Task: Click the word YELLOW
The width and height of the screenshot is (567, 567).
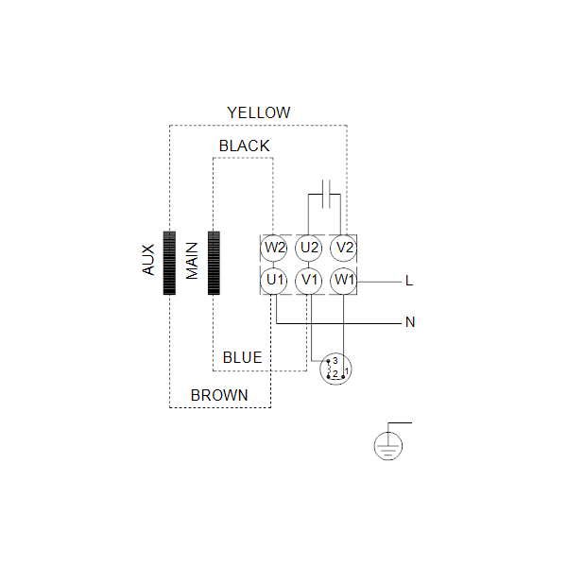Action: pyautogui.click(x=259, y=112)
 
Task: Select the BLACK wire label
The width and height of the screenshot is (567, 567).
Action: pyautogui.click(x=245, y=146)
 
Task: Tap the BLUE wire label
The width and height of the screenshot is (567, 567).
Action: pyautogui.click(x=242, y=357)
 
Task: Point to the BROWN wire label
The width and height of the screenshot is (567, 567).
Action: pyautogui.click(x=219, y=395)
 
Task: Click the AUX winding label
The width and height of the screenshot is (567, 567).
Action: pyautogui.click(x=148, y=260)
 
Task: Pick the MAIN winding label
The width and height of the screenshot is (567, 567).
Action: pyautogui.click(x=192, y=261)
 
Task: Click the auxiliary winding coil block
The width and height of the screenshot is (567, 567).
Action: pyautogui.click(x=169, y=263)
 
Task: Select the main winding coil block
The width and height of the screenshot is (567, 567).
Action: pyautogui.click(x=215, y=263)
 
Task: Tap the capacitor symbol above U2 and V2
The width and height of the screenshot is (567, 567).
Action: pyautogui.click(x=326, y=194)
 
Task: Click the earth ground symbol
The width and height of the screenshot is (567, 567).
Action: pyautogui.click(x=388, y=446)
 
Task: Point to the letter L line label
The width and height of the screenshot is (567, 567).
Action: pyautogui.click(x=409, y=281)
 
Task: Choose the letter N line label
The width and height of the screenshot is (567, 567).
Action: pyautogui.click(x=410, y=322)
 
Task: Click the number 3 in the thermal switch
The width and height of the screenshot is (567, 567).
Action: pyautogui.click(x=335, y=361)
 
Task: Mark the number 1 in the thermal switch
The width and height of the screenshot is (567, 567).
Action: pyautogui.click(x=347, y=371)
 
